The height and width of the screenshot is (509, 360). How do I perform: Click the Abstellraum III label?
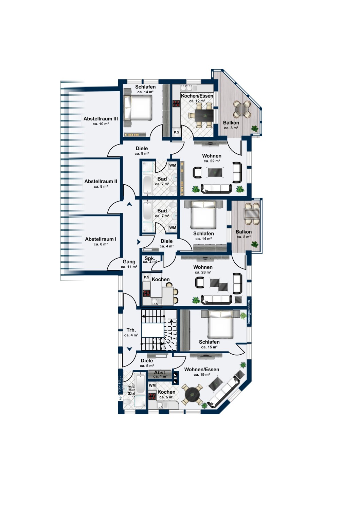tap(101, 121)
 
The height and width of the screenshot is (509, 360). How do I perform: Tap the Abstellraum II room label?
tap(101, 183)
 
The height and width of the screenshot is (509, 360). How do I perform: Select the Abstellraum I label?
tap(101, 241)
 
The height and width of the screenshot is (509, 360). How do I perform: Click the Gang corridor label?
tap(129, 264)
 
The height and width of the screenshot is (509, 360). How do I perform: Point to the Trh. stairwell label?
tap(131, 332)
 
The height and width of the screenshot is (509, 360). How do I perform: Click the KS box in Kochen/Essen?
tap(177, 132)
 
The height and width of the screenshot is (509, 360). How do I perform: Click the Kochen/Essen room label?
tap(197, 98)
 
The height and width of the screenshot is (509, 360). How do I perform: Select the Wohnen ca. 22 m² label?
tap(212, 158)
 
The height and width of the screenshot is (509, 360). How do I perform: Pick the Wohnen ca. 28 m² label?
tap(203, 269)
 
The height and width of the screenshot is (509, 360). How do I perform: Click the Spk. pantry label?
tap(150, 260)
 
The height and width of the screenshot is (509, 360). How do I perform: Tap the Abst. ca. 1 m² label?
tap(160, 375)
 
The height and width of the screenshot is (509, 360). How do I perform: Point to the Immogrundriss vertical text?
tap(249, 312)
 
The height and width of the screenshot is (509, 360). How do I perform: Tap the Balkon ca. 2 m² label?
tap(244, 234)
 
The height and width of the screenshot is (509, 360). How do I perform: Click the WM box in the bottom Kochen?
tap(152, 385)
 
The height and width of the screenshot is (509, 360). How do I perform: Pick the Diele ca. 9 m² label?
tap(142, 150)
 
